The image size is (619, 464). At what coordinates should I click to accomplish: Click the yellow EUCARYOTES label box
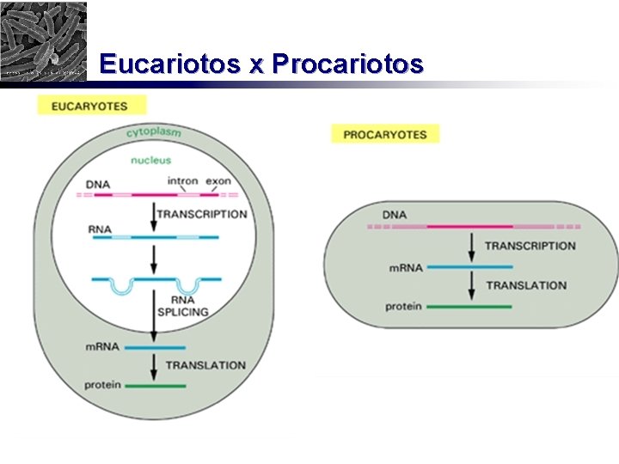(x=90, y=106)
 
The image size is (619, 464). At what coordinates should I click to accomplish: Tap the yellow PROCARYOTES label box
(x=385, y=134)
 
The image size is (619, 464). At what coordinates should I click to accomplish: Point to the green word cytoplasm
(x=153, y=132)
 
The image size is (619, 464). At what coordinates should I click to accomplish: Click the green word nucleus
(x=150, y=160)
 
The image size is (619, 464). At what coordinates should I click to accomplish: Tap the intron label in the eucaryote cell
(x=182, y=181)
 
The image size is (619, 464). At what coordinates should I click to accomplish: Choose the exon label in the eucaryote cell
(x=218, y=181)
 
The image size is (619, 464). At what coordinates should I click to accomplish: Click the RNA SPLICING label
(x=182, y=306)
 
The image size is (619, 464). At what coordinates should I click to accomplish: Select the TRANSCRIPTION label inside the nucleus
(x=201, y=215)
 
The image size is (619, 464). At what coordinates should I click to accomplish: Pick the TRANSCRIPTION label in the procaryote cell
(x=530, y=246)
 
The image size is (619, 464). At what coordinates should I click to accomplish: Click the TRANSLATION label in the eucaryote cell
(x=205, y=365)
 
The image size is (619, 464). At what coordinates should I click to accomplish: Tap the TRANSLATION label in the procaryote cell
(x=527, y=285)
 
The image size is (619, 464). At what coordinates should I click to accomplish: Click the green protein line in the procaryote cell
(x=469, y=307)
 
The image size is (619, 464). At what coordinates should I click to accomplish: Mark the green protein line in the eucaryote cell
(x=156, y=386)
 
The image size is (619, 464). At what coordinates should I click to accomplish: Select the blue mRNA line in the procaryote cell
(x=469, y=267)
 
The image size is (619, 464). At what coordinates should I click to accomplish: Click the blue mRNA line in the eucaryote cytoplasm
(x=155, y=347)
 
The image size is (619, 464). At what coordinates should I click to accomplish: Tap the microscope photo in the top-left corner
(x=43, y=40)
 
